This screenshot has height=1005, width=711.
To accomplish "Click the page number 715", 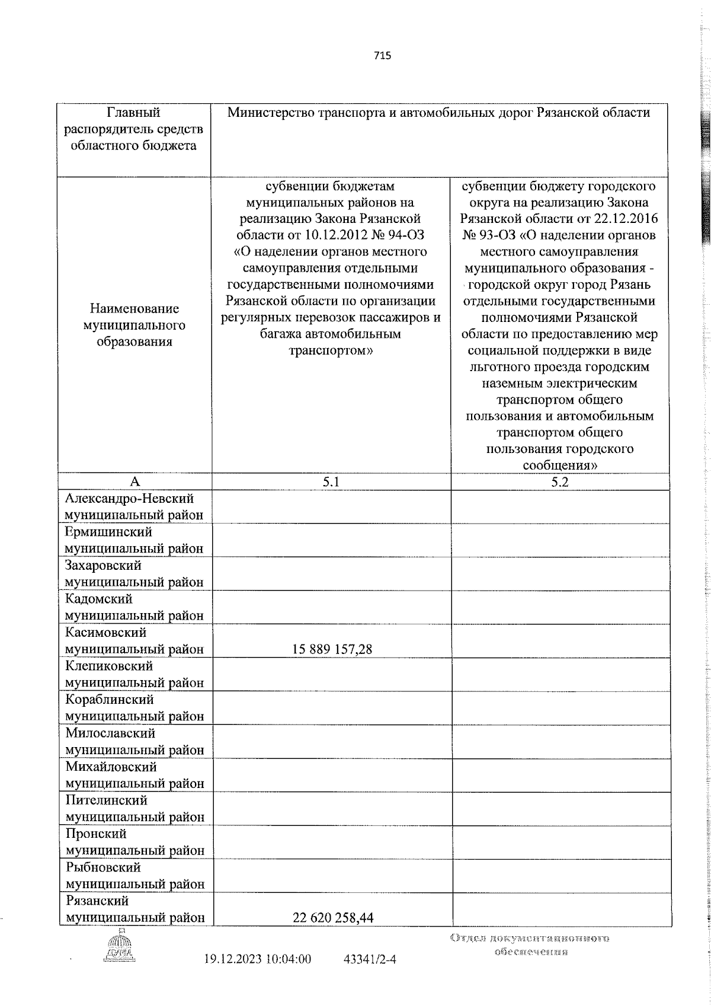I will click(382, 56).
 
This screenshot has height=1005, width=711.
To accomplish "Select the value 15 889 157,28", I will click(332, 649).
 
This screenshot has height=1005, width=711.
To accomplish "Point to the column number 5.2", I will click(559, 482).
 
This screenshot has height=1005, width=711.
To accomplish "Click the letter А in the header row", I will click(134, 482).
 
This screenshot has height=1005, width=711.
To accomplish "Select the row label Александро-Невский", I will click(130, 499).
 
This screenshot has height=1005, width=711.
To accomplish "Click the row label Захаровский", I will click(104, 566).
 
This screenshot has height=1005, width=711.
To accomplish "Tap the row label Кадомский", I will click(99, 599).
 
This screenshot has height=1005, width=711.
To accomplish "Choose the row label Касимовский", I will click(106, 633).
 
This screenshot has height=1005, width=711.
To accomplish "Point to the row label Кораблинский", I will click(110, 700).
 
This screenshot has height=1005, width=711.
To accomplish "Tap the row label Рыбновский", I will click(104, 867).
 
